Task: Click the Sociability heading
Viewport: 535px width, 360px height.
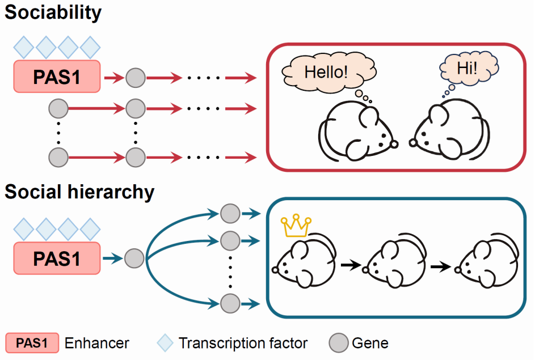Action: [x=53, y=12]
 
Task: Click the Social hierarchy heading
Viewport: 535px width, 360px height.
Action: [x=79, y=192]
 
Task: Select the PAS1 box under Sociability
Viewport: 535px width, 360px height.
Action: [x=57, y=77]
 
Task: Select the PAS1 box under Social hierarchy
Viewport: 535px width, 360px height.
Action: [x=57, y=258]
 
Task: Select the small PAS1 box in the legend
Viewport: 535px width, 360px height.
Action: [x=32, y=343]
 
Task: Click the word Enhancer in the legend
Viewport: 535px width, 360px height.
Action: [x=96, y=343]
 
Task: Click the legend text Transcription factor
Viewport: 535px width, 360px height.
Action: [x=243, y=343]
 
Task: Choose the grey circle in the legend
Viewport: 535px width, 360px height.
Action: [x=338, y=343]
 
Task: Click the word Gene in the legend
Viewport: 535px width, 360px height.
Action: [x=370, y=343]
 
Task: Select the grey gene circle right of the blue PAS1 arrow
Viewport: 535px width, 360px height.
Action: [x=134, y=258]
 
